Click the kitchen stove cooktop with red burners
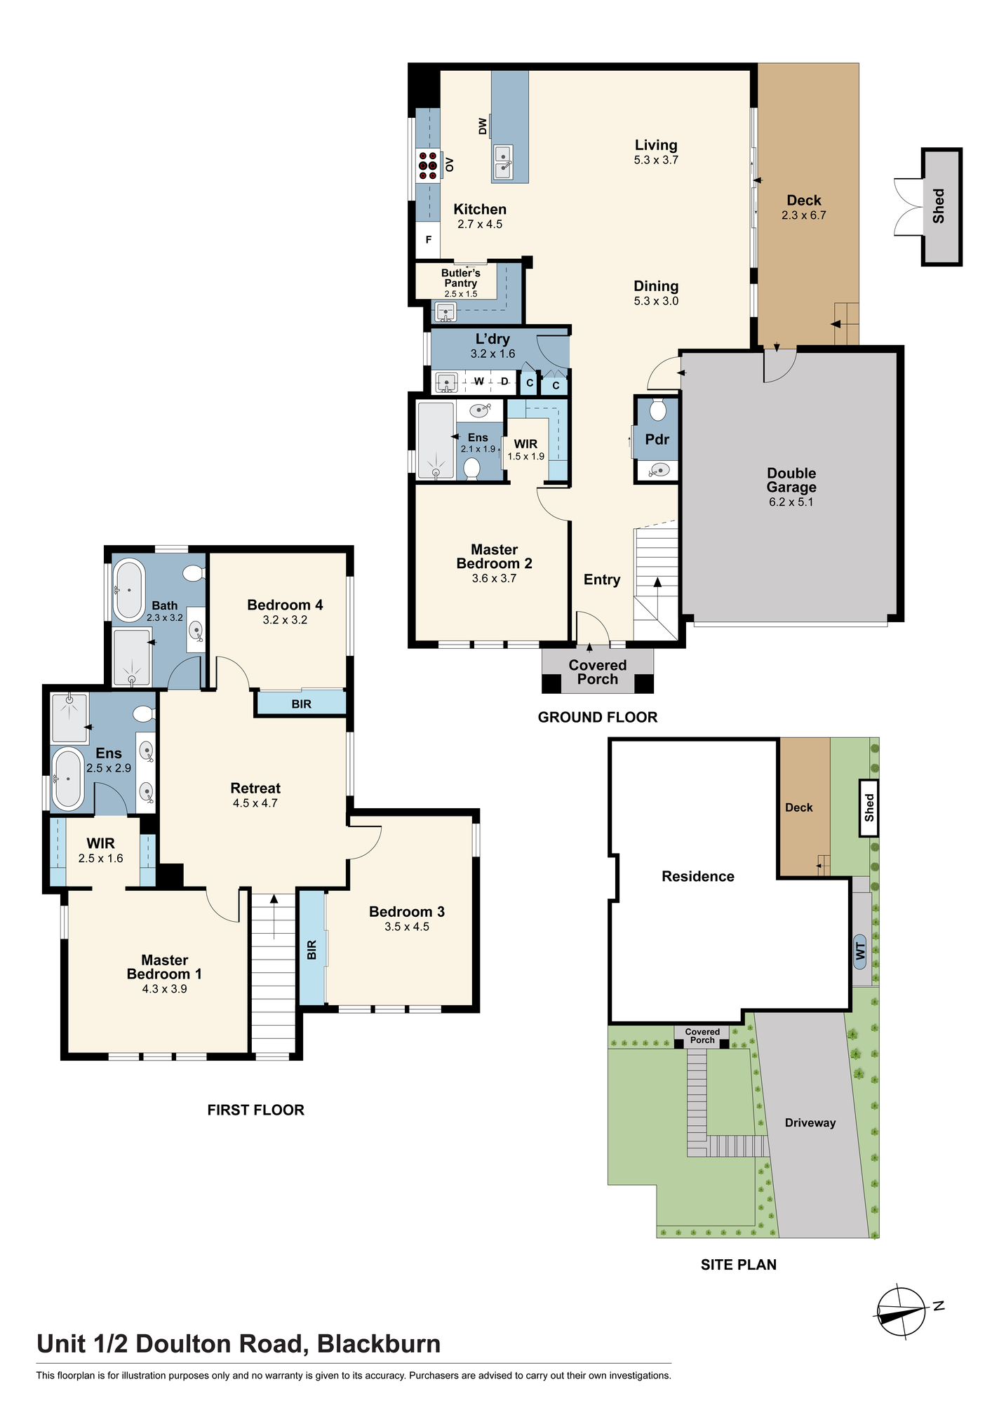[x=428, y=166]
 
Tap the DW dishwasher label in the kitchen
[x=483, y=126]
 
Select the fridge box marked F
[x=428, y=240]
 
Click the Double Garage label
[x=791, y=480]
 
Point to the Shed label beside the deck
[x=939, y=206]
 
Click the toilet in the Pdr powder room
[x=657, y=410]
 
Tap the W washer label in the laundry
[x=479, y=382]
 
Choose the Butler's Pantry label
[x=461, y=278]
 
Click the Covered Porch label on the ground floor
[x=598, y=672]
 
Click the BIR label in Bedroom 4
[x=302, y=704]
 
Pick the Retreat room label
[x=255, y=788]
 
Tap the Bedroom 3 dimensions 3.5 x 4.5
[x=407, y=927]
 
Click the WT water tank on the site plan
[x=860, y=952]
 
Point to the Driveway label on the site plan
[x=810, y=1122]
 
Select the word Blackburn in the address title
[x=379, y=1344]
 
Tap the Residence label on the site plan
[x=698, y=876]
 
